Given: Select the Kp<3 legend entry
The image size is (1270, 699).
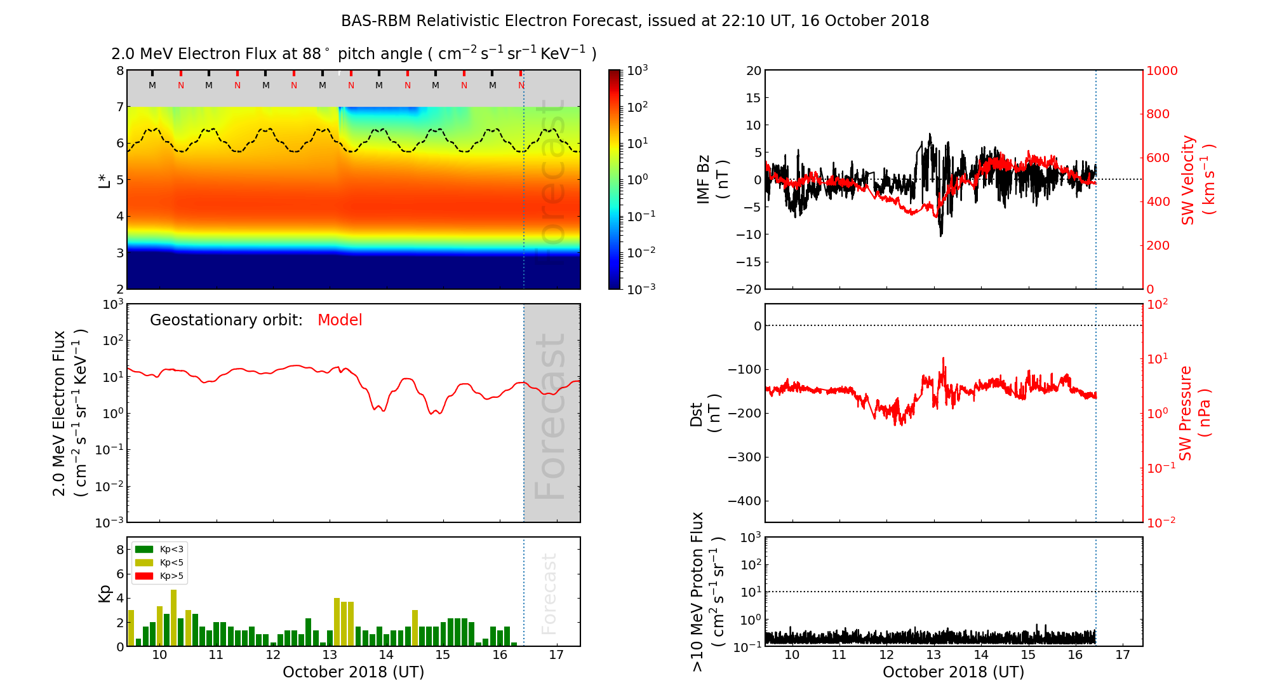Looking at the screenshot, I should coord(159,549).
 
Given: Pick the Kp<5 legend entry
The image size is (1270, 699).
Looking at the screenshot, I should coord(159,562).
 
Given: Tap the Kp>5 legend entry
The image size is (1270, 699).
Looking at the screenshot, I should coord(159,576).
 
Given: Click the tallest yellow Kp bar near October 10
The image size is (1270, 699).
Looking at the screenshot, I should coord(173,618).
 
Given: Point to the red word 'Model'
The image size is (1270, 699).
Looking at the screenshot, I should coord(340,320).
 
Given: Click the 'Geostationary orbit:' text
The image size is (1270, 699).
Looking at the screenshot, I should coord(226,320).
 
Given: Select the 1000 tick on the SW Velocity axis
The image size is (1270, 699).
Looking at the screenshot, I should coord(1161,71).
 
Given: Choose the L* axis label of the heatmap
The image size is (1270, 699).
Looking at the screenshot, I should coord(104,179).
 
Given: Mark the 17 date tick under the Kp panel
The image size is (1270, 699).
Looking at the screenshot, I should coord(556,655).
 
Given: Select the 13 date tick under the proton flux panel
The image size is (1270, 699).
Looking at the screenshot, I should coord(933,655).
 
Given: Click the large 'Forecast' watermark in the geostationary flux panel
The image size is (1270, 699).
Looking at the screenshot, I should coord(550,416).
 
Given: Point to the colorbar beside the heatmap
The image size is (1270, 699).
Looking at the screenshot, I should coord(615,179).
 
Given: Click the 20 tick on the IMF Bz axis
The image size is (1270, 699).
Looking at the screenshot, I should coord(753,71).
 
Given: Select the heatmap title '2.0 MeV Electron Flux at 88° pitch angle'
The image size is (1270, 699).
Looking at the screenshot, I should coord(353,54).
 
